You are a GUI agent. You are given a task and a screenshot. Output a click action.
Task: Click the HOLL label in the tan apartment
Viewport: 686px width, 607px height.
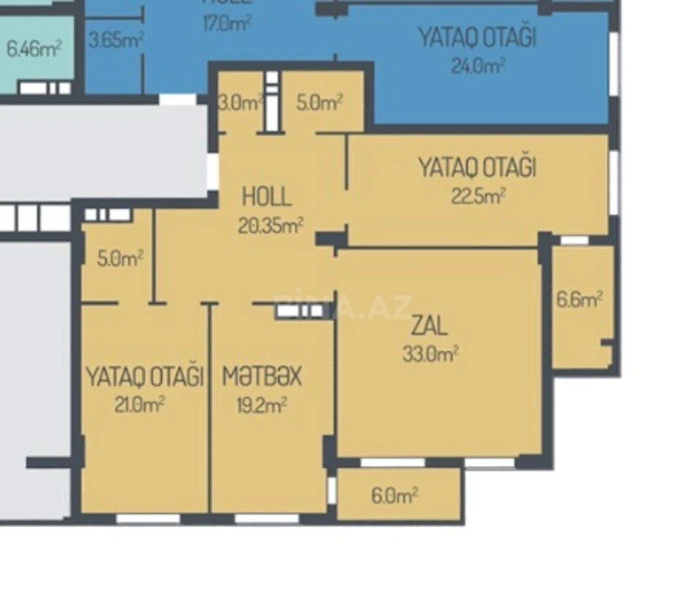coord(267,197)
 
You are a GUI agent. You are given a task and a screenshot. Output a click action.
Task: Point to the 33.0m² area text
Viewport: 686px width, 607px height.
coord(430,354)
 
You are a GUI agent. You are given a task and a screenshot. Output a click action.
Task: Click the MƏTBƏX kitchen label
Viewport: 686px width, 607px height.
coord(262,376)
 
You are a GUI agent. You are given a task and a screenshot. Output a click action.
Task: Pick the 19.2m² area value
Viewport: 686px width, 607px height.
coord(262,406)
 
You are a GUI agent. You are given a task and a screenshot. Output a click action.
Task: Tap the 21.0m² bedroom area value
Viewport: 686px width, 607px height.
coord(139,405)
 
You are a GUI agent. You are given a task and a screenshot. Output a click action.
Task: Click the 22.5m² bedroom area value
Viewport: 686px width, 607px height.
coord(478,196)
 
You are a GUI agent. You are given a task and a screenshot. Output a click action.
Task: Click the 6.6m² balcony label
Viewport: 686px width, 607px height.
coord(579,300)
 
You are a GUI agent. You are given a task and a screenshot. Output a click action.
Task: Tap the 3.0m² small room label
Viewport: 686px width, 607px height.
coord(241,103)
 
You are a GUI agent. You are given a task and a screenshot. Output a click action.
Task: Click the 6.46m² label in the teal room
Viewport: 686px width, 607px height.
coord(34,49)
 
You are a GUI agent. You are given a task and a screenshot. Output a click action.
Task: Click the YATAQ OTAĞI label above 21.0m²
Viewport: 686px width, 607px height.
coord(145,376)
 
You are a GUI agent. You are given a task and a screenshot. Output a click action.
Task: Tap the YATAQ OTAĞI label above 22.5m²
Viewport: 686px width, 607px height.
coord(477,167)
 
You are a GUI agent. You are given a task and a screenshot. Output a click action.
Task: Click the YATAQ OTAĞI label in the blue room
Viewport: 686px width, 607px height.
coord(477,38)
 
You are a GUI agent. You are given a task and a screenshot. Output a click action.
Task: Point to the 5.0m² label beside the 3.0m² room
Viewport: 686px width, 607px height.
coord(319,102)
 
